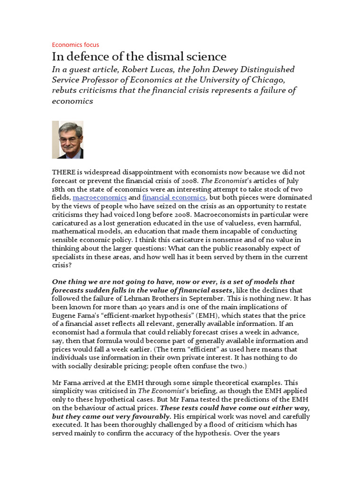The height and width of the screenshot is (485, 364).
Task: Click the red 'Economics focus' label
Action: pos(75,45)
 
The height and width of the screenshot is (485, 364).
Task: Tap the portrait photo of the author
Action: pos(67,139)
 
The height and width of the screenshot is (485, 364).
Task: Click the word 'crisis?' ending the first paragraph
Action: pos(61,265)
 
